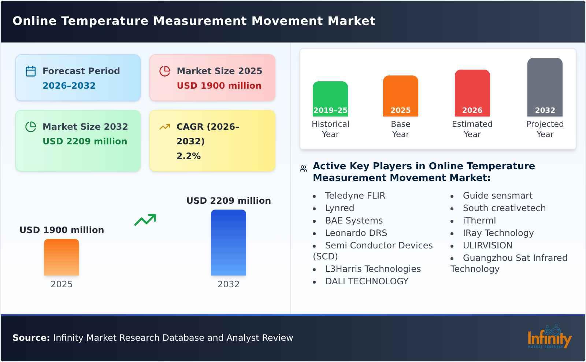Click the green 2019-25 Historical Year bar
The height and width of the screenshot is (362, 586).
(x=330, y=99)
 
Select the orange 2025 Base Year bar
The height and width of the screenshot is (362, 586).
(x=400, y=96)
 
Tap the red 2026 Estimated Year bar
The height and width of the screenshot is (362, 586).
(x=472, y=93)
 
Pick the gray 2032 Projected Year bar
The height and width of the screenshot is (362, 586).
(x=545, y=87)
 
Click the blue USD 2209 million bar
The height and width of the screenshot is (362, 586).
(x=228, y=242)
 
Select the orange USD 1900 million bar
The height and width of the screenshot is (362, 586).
(x=61, y=257)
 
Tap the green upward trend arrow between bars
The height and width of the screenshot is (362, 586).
(x=145, y=220)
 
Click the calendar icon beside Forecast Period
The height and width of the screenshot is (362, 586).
(x=31, y=71)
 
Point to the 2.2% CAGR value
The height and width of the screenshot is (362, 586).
(x=188, y=156)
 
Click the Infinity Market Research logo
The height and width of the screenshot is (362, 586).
(x=549, y=337)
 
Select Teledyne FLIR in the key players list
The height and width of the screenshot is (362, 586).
(x=355, y=196)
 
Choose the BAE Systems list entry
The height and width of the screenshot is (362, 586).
(x=353, y=221)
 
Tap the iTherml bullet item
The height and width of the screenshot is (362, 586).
(x=479, y=221)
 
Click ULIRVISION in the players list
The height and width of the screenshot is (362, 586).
(x=487, y=245)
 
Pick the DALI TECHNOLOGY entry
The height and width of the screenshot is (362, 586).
(x=366, y=281)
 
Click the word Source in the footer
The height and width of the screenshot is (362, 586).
(x=31, y=338)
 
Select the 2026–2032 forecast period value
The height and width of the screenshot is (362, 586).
(x=69, y=86)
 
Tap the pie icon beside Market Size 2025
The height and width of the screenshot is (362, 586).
(x=165, y=71)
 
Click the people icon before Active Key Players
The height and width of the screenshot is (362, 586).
(x=303, y=169)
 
